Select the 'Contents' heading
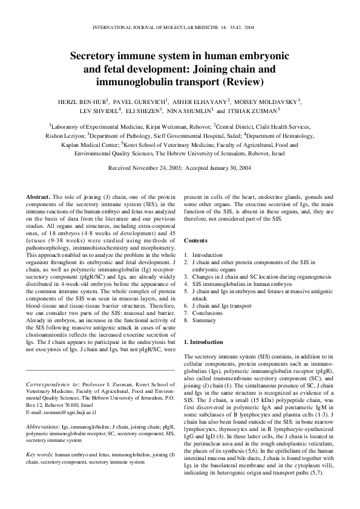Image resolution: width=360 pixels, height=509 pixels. [197, 241]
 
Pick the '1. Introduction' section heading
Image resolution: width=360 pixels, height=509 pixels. [203, 342]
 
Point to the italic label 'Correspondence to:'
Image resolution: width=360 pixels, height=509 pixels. [50, 384]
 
